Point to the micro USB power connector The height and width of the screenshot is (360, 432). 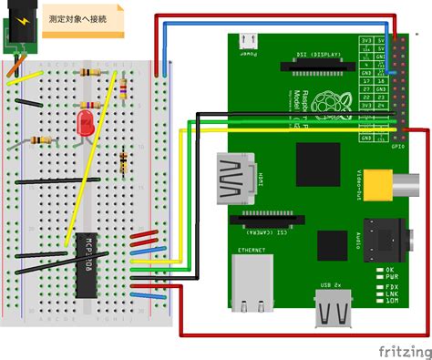point(247,41)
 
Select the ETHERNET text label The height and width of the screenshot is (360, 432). point(252,248)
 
